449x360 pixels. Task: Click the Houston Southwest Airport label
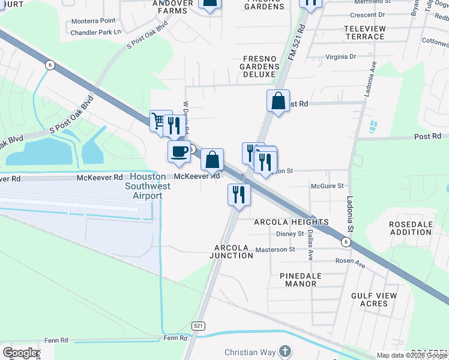(148, 186)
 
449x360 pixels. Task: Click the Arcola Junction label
(234, 251)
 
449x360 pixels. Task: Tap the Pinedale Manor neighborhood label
(298, 279)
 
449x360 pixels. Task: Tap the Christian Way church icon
(285, 352)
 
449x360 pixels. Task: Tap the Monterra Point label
(93, 20)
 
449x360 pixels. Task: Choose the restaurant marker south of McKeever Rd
(239, 195)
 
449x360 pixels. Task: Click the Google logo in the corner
(20, 353)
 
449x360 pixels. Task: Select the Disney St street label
(290, 234)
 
